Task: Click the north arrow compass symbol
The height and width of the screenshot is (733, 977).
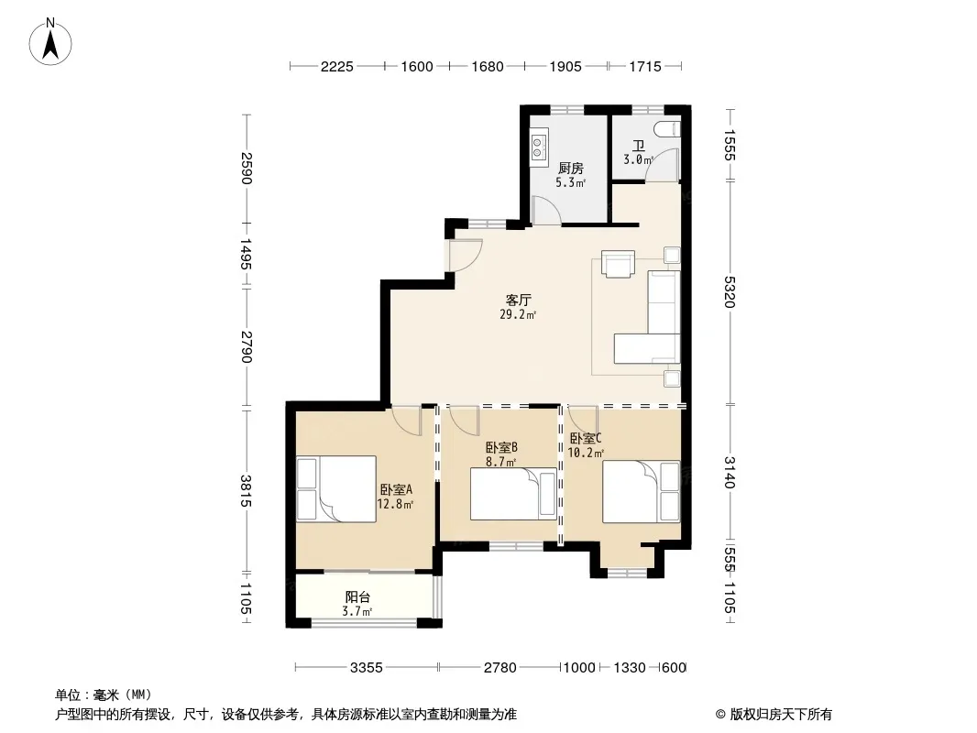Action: click(x=50, y=42)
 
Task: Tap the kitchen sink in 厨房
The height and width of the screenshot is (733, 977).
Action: click(x=538, y=147)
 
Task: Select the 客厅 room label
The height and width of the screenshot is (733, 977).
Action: click(x=519, y=301)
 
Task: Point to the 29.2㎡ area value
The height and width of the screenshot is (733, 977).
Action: click(x=519, y=315)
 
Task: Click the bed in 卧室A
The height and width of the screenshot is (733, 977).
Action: click(x=336, y=489)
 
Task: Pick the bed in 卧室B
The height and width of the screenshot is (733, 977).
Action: click(x=513, y=494)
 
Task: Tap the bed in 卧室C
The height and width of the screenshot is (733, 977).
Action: click(x=642, y=491)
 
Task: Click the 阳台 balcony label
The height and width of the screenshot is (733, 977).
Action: click(x=357, y=597)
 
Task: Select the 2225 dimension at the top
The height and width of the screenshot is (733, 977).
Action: click(x=337, y=67)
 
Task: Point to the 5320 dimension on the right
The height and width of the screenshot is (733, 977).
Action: click(x=730, y=291)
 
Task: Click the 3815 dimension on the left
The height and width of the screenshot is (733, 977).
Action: click(x=247, y=491)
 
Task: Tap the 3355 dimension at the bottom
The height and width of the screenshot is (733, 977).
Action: click(x=367, y=668)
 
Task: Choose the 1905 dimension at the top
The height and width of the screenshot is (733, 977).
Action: click(x=565, y=67)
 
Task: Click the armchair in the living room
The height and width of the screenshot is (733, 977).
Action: click(x=618, y=263)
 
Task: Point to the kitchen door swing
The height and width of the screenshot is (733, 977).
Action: click(x=547, y=210)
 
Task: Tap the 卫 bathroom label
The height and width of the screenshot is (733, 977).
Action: click(x=639, y=147)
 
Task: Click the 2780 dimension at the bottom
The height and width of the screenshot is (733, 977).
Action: click(x=500, y=668)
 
